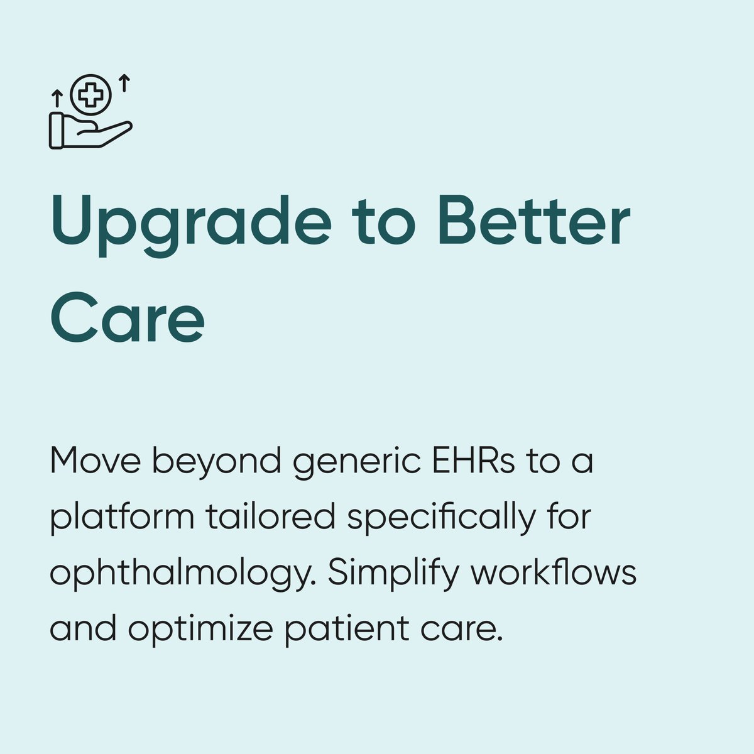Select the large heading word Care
pyautogui.click(x=128, y=318)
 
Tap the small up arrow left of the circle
pyautogui.click(x=57, y=98)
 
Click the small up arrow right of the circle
pyautogui.click(x=125, y=82)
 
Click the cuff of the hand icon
pyautogui.click(x=56, y=131)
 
